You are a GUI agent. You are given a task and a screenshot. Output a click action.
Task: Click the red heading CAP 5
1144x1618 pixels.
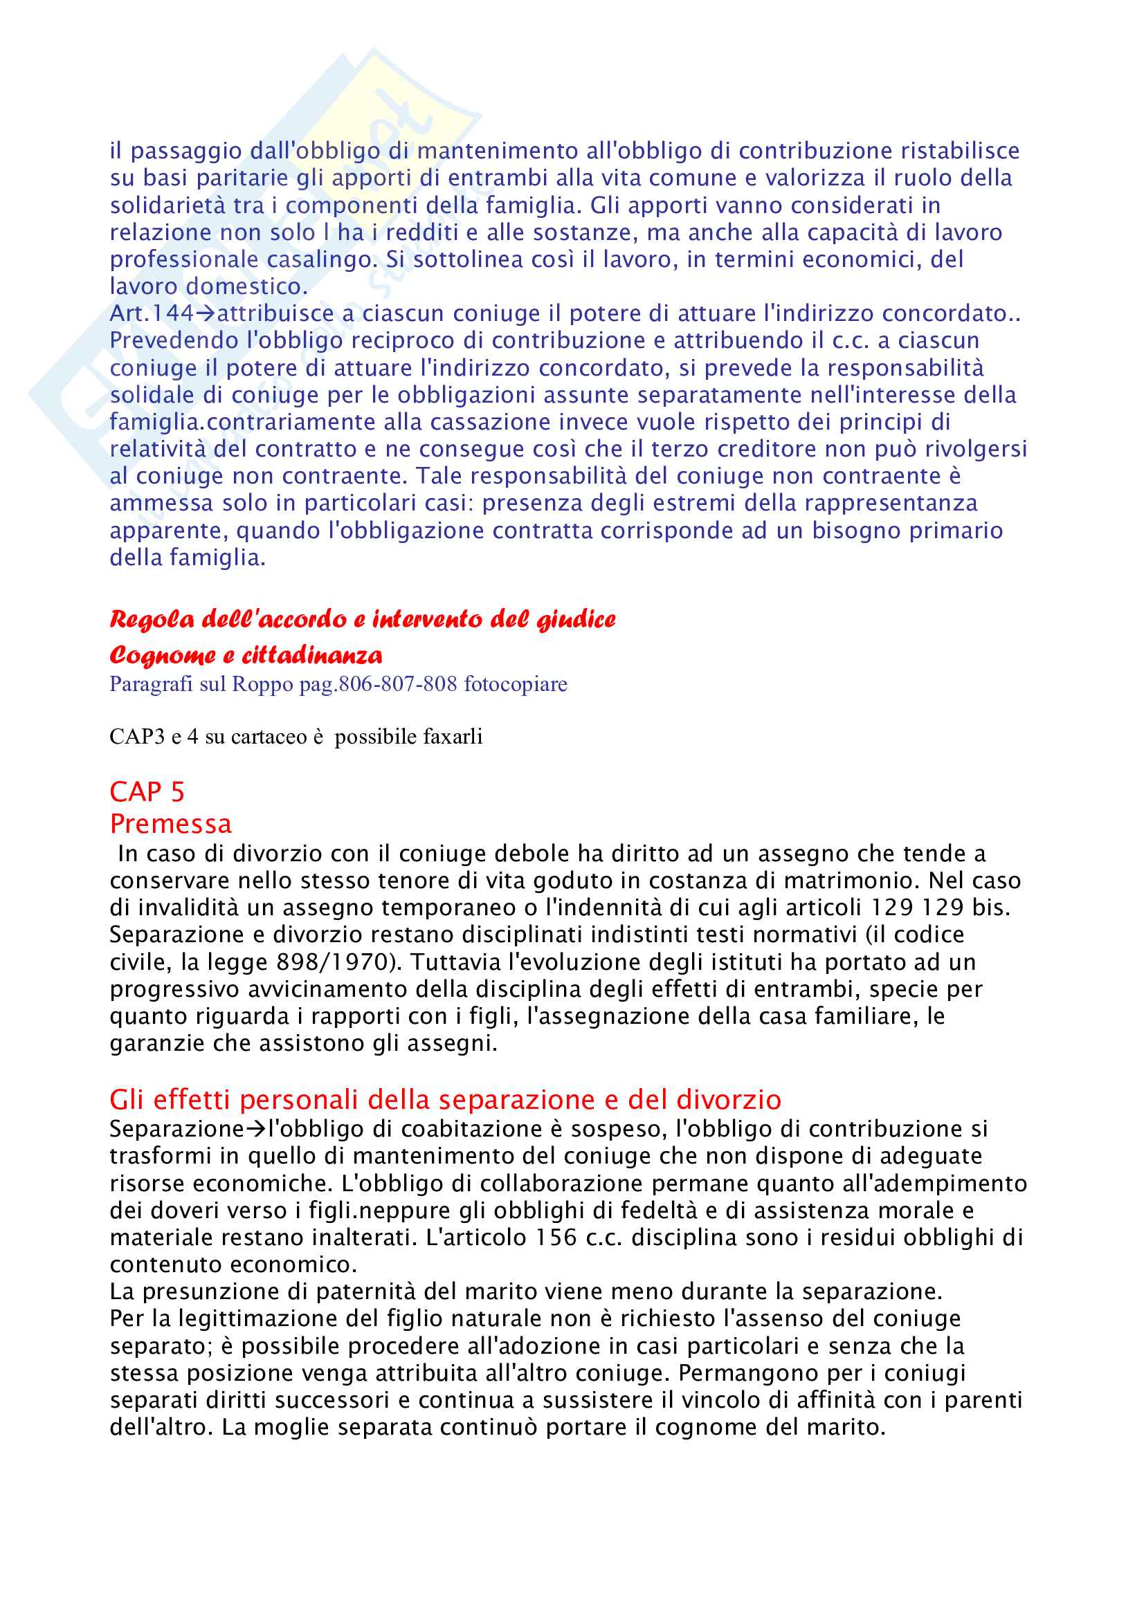click(x=147, y=792)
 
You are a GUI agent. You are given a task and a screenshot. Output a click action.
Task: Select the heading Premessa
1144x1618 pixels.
click(x=170, y=824)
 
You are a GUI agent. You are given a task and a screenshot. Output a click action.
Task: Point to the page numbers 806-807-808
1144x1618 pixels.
click(x=397, y=684)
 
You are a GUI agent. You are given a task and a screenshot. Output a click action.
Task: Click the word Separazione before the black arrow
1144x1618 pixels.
click(x=176, y=1129)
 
